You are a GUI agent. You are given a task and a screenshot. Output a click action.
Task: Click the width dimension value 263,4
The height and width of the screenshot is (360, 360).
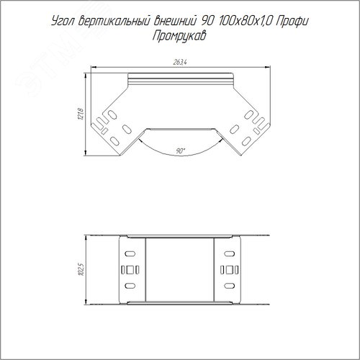tap(180, 62)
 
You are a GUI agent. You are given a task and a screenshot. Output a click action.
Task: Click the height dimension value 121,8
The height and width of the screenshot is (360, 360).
tap(81, 114)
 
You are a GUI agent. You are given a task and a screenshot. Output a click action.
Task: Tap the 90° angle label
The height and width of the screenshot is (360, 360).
tap(181, 151)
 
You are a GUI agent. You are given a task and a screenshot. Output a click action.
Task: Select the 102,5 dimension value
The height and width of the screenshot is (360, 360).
tap(81, 269)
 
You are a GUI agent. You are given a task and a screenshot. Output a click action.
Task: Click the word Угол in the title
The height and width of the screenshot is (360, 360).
tap(63, 22)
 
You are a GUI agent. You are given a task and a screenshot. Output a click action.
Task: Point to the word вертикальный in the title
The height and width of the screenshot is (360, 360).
tap(114, 22)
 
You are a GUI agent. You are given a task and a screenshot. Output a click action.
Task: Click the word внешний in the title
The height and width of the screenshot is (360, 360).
tap(174, 21)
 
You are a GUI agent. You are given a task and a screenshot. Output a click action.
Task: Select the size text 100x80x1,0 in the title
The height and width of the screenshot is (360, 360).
tap(246, 22)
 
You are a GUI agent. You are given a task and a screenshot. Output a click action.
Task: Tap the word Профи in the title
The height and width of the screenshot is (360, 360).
tap(292, 22)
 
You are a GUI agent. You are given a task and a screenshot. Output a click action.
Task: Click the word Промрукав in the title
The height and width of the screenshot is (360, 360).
tap(179, 37)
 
